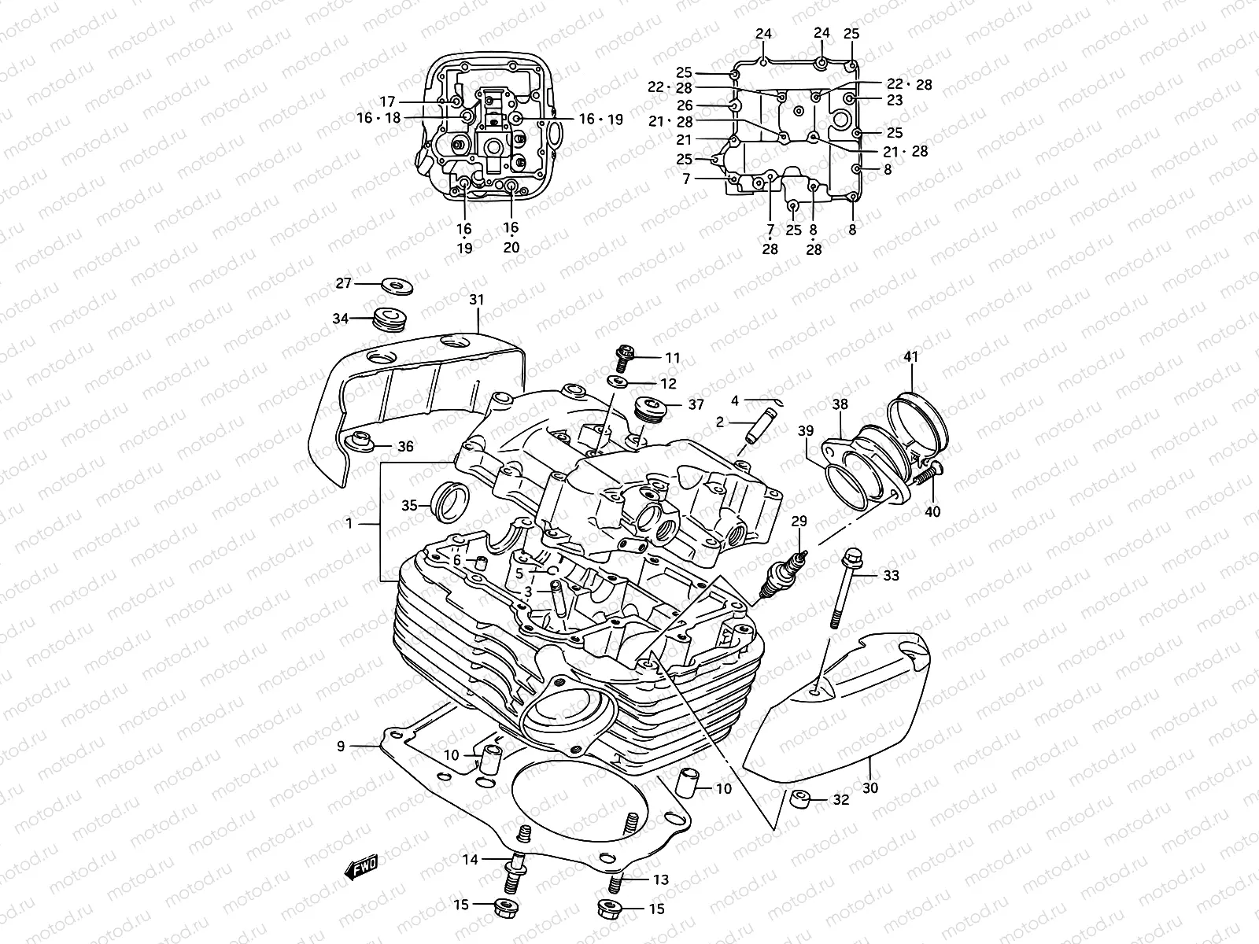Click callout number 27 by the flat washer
point(343,283)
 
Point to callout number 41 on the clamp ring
point(910,357)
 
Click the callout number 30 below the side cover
point(870,787)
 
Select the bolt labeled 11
point(624,360)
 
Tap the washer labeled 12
point(619,383)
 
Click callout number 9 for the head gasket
point(341,746)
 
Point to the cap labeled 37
point(650,408)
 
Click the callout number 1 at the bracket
point(349,522)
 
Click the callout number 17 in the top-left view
point(387,101)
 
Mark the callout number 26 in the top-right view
point(685,105)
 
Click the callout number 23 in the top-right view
point(894,100)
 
